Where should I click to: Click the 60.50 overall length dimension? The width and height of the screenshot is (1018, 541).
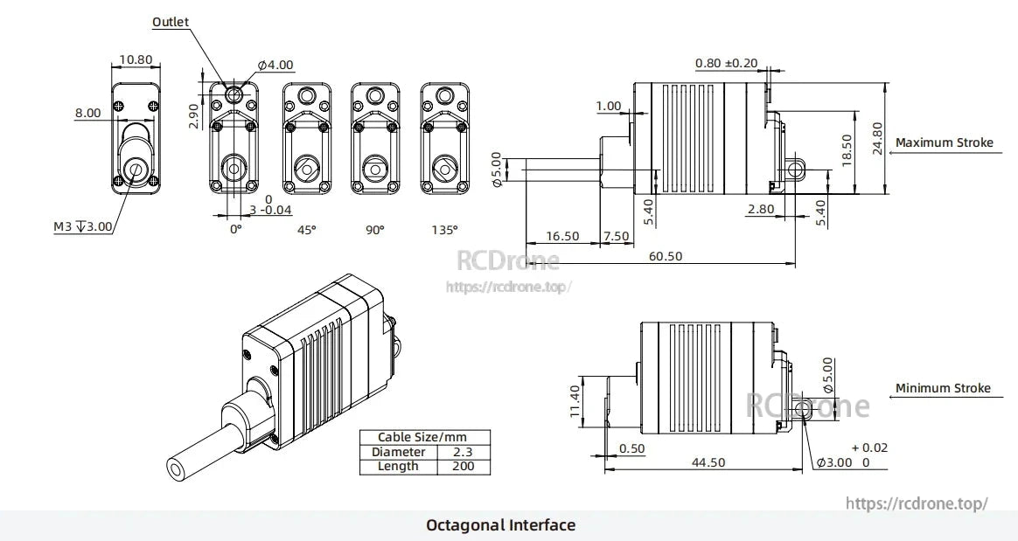(665, 256)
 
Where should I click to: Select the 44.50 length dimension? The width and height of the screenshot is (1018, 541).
(708, 462)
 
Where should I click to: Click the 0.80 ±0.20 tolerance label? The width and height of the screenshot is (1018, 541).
(726, 63)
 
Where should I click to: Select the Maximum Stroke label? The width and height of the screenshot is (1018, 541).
(945, 142)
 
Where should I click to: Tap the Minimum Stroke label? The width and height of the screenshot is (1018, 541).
(943, 388)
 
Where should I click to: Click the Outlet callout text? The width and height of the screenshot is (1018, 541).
(170, 22)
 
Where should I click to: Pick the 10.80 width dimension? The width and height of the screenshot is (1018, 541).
(136, 60)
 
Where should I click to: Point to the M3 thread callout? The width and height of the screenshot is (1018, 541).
(83, 227)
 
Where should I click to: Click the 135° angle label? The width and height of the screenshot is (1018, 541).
(443, 230)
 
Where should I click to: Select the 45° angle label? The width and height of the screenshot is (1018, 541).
(306, 230)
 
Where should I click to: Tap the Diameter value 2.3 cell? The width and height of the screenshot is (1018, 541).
(463, 452)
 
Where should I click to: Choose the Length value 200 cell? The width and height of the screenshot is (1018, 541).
(463, 466)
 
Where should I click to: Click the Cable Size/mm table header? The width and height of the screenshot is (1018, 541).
(424, 437)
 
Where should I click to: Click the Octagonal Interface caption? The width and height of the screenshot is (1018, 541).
(500, 525)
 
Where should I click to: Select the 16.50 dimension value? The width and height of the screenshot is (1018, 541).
(562, 236)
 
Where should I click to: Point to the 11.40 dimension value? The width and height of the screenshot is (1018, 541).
(574, 401)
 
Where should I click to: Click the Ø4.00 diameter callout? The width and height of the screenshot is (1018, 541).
(275, 66)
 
